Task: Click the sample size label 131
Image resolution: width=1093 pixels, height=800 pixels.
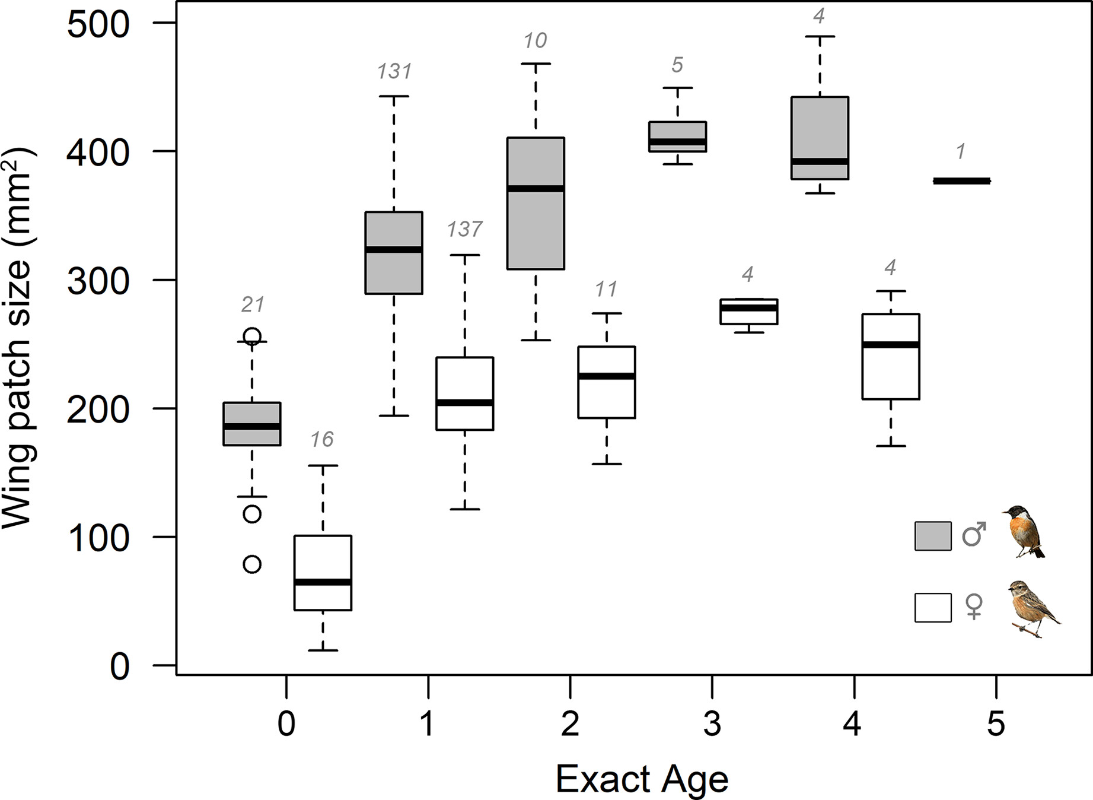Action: pyautogui.click(x=394, y=72)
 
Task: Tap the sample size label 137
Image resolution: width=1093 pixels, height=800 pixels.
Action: pyautogui.click(x=465, y=229)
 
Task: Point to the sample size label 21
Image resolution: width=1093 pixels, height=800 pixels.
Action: pyautogui.click(x=252, y=304)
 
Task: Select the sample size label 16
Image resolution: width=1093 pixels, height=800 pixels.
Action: pyautogui.click(x=323, y=439)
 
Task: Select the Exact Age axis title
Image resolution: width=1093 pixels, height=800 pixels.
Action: pyautogui.click(x=642, y=780)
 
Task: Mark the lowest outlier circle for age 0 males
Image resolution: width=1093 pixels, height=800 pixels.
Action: pyautogui.click(x=252, y=564)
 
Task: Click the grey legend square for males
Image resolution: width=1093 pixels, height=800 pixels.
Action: pyautogui.click(x=933, y=536)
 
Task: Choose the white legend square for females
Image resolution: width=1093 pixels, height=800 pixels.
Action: pyautogui.click(x=933, y=608)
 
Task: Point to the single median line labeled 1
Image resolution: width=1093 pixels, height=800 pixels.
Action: pyautogui.click(x=961, y=181)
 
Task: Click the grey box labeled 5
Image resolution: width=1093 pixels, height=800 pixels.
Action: pyautogui.click(x=678, y=136)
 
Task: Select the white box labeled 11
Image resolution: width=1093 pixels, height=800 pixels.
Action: pyautogui.click(x=607, y=382)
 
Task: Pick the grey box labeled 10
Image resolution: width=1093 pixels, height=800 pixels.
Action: pyautogui.click(x=536, y=203)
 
